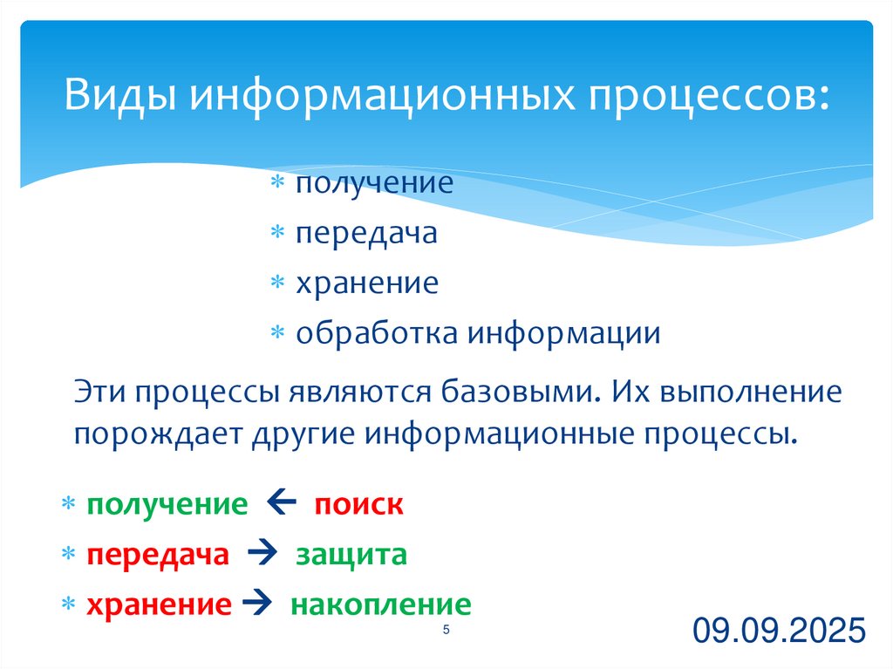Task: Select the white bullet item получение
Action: pos(373,183)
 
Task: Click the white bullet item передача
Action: pos(365,233)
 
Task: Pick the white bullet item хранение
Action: pos(366,283)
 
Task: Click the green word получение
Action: pos(167,505)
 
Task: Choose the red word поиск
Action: pos(358,505)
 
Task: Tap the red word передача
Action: pos(157,555)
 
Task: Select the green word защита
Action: pos(351,555)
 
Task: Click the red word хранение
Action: pos(159,604)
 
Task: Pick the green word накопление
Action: pos(380,604)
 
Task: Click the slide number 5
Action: pos(446,631)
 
